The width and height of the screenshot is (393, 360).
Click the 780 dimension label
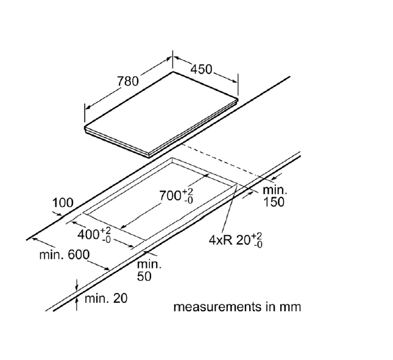tap(129, 80)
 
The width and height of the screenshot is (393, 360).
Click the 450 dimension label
tap(201, 69)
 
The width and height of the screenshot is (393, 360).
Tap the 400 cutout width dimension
tap(94, 234)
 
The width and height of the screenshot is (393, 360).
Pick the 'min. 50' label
tap(148, 270)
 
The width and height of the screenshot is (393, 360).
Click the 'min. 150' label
tap(274, 196)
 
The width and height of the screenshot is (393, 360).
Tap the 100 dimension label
tap(63, 202)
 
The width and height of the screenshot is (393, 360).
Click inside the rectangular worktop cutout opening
tap(158, 201)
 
